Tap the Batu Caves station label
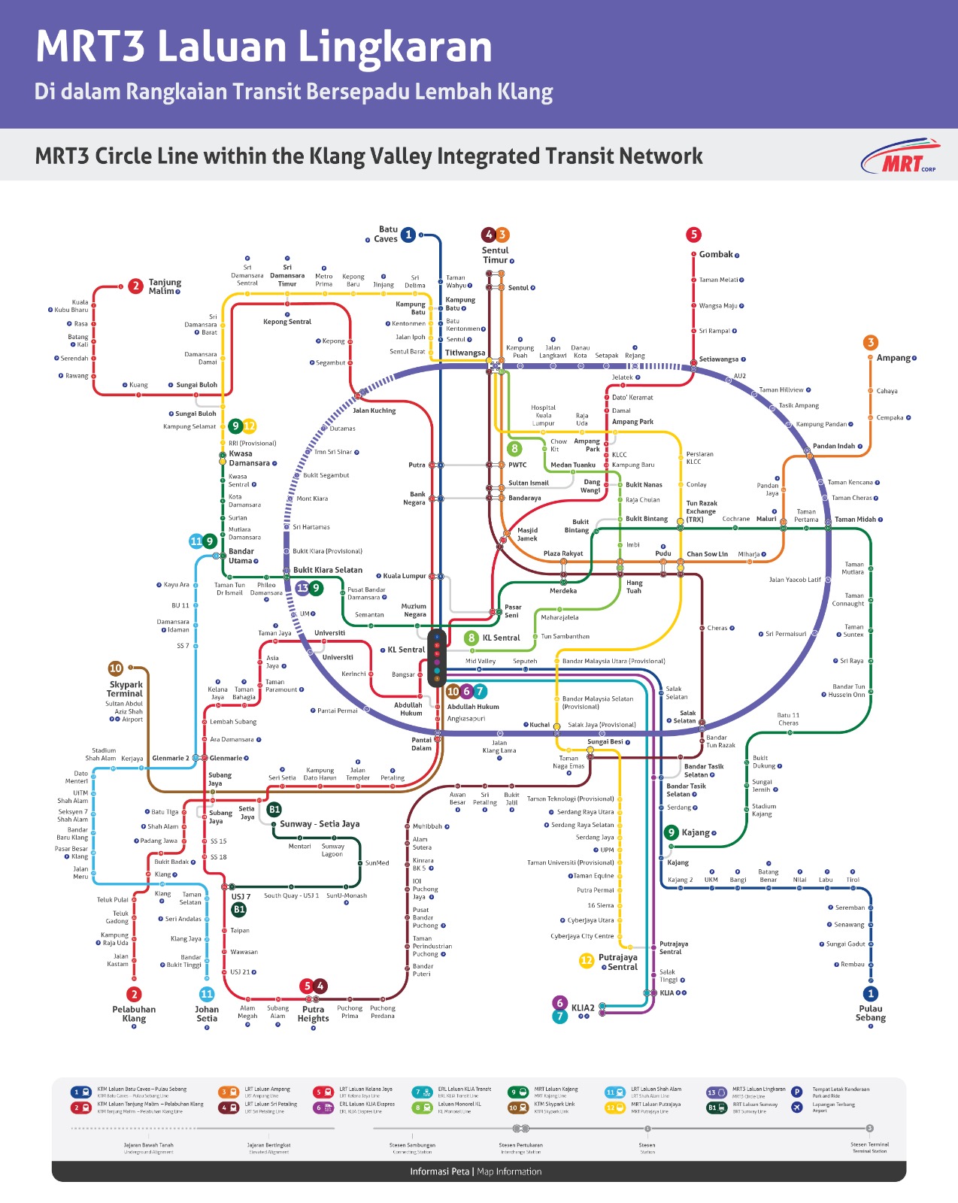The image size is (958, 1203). (387, 235)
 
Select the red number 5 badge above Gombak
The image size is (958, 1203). (693, 235)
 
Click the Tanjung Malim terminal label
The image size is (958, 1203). (164, 286)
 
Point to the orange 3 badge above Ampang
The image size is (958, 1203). (871, 342)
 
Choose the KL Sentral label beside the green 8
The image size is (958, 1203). (501, 638)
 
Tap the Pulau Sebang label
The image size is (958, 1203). (870, 1013)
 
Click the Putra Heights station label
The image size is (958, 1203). (313, 1014)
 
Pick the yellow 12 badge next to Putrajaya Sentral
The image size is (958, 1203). (587, 960)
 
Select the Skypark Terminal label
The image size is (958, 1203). (126, 689)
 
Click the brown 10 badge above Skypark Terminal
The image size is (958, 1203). (116, 668)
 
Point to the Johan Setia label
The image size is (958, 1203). (207, 1014)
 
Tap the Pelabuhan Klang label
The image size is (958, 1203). (134, 1014)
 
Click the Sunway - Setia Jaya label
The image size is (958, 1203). (320, 824)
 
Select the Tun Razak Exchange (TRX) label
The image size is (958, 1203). (701, 511)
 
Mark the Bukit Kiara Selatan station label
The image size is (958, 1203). (327, 570)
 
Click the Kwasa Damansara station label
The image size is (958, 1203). (250, 458)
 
